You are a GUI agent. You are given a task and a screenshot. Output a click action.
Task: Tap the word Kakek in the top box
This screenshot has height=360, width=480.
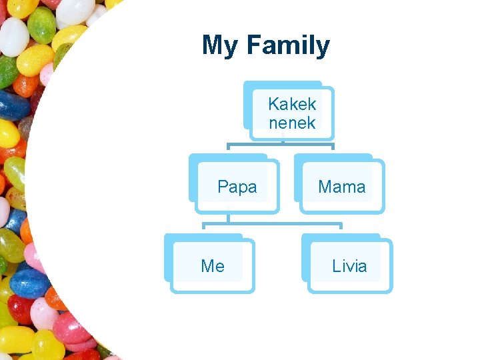tap(292, 104)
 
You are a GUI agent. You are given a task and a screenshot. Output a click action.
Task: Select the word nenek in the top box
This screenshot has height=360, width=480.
tap(292, 122)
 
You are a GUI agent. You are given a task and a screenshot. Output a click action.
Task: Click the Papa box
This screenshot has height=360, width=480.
tap(237, 187)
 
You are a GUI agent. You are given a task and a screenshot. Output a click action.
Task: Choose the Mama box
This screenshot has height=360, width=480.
tap(341, 187)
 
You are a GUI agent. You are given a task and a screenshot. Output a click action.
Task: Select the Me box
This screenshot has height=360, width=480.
tap(213, 266)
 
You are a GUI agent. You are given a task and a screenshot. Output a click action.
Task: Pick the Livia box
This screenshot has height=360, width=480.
tap(349, 266)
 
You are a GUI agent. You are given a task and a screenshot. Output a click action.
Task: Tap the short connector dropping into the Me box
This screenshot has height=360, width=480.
tap(204, 229)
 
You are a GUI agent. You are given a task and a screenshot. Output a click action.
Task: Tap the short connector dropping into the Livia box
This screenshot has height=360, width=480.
tap(341, 229)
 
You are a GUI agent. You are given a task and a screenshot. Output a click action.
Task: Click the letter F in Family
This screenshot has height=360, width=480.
tap(253, 45)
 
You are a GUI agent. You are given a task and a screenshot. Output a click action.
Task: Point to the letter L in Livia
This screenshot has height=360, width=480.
tap(335, 266)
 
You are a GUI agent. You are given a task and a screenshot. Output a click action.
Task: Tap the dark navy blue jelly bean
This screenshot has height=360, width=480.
tap(15, 105)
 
